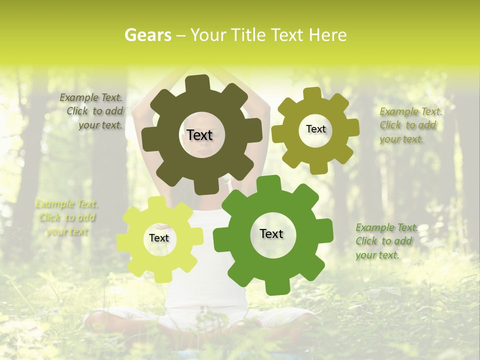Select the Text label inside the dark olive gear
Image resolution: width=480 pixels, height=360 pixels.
coord(199,135)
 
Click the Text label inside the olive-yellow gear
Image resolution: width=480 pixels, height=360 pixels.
coord(315,129)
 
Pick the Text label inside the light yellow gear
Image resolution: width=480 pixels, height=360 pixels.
coord(159,238)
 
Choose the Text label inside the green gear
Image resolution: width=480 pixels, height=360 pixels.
coord(271,233)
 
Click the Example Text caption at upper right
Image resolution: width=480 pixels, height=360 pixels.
coord(410,125)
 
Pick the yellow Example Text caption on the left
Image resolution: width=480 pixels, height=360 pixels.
coord(66,217)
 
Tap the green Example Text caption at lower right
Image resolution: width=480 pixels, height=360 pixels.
coord(386,241)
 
